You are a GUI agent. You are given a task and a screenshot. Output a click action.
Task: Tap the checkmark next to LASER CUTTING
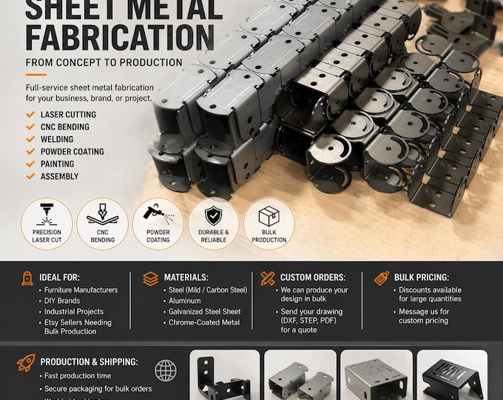click(x=30, y=115)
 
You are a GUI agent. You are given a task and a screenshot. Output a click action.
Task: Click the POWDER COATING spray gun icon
click(x=158, y=214)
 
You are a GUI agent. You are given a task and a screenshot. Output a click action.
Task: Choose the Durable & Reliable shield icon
click(x=213, y=214)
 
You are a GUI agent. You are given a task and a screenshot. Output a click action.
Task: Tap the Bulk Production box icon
click(x=269, y=216)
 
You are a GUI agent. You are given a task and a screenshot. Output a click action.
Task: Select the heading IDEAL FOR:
click(x=66, y=277)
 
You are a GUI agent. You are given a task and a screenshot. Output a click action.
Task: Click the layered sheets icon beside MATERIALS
click(x=151, y=279)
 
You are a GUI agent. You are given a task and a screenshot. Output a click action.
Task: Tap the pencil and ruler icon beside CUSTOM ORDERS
click(x=267, y=279)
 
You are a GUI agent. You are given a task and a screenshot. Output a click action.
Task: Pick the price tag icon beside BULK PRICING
click(x=382, y=279)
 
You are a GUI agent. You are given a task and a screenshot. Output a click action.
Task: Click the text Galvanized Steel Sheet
click(x=203, y=312)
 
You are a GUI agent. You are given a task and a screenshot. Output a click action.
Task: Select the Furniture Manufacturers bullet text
click(x=81, y=290)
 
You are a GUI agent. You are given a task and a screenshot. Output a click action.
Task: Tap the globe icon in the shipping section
click(x=166, y=370)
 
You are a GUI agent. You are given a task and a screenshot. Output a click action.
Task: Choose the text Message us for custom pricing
click(x=424, y=316)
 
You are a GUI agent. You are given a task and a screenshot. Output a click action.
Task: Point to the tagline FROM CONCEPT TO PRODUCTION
click(x=104, y=62)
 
